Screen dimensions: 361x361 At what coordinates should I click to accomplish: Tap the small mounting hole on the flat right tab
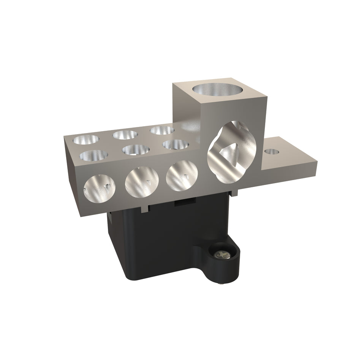coord(272,152)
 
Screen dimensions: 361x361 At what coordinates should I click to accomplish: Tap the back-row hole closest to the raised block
coord(162,130)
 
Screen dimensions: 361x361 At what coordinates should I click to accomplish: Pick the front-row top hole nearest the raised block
coord(176,144)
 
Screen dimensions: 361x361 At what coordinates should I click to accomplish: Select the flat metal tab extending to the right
coord(293,160)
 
